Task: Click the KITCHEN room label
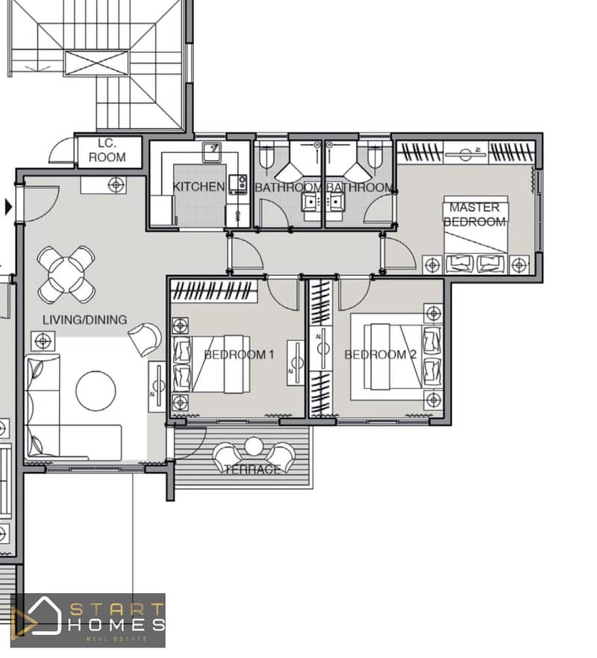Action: [x=199, y=186]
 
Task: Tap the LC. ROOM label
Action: [x=107, y=150]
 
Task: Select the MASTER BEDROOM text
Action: [x=475, y=214]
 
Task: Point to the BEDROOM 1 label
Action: [x=239, y=355]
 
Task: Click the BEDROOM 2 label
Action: [x=381, y=355]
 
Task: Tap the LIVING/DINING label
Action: [x=84, y=320]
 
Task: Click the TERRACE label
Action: [x=252, y=470]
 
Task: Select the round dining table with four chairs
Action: [x=66, y=274]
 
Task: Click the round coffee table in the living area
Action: [x=96, y=391]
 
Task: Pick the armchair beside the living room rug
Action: [x=145, y=339]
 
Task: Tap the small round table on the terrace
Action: [x=254, y=447]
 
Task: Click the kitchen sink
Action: [x=213, y=152]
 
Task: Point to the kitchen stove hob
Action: [x=238, y=184]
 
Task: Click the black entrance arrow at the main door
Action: [x=8, y=207]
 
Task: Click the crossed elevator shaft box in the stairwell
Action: [x=96, y=63]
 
